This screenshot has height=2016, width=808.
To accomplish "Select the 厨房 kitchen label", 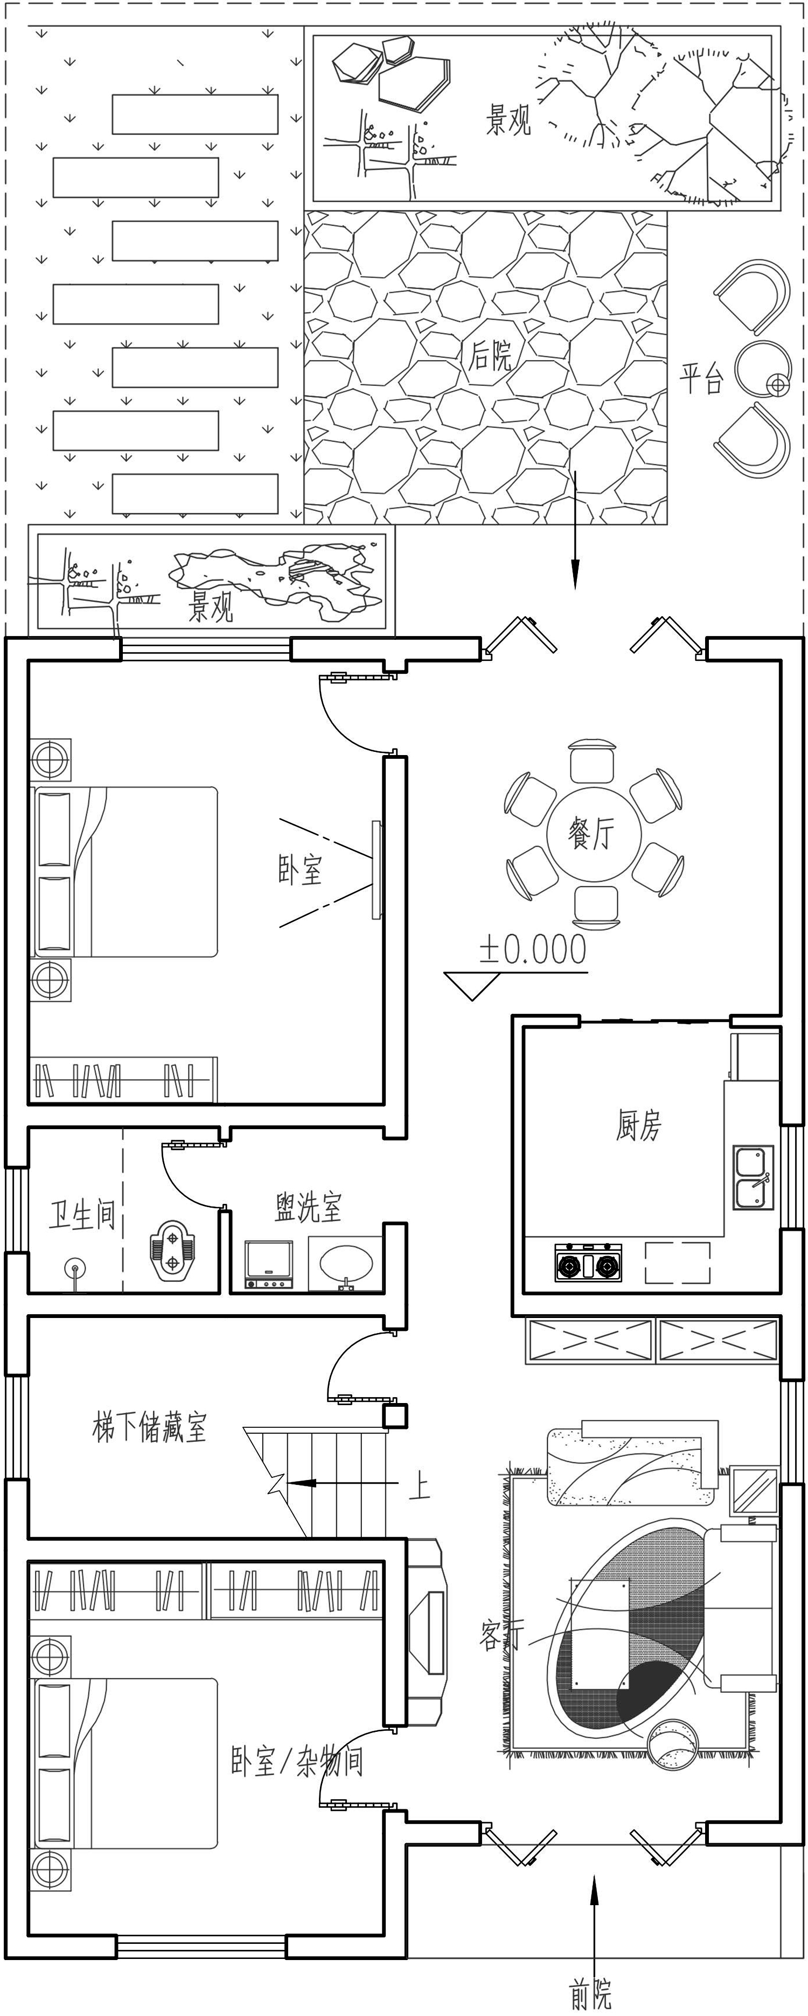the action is [638, 1125].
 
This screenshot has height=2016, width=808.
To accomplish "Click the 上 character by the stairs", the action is [420, 1482].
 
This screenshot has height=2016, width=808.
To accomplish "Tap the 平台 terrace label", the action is [701, 379].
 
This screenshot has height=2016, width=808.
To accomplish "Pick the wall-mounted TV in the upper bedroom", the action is [377, 870].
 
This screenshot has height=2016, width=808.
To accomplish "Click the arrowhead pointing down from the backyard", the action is [575, 575].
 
